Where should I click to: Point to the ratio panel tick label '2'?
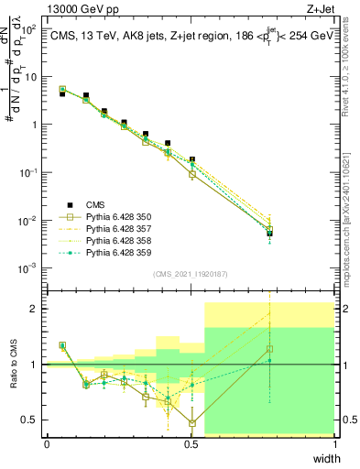(x=37, y=309)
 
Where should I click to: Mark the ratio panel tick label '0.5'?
(x=32, y=420)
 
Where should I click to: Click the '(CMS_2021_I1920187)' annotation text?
(x=191, y=274)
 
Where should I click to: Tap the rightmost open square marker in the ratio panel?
(x=269, y=349)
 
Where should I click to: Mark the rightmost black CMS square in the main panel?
(x=269, y=234)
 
